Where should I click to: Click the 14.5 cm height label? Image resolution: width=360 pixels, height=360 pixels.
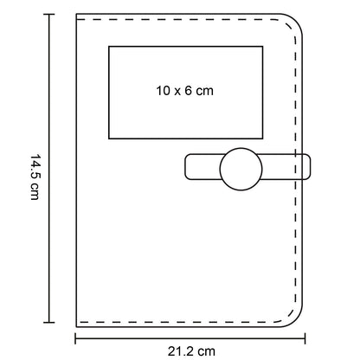35,177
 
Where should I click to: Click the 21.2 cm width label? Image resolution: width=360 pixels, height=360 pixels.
191,351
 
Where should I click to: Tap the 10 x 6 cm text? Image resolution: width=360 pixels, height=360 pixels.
185,91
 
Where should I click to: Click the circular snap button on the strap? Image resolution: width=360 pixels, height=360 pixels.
241,170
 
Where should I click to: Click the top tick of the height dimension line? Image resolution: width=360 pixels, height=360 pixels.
49,14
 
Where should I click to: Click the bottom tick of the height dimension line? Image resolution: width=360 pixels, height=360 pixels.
49,322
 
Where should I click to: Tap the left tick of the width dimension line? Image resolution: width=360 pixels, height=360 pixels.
75,338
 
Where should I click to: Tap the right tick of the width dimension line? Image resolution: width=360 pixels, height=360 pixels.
305,338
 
